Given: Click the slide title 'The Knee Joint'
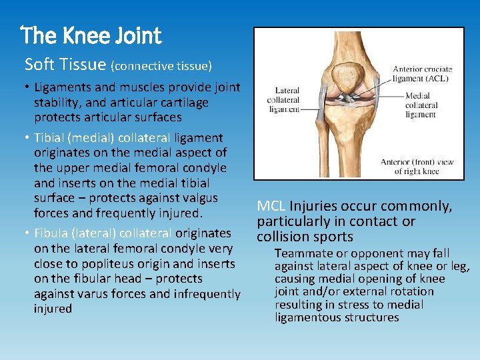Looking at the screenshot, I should [91, 35].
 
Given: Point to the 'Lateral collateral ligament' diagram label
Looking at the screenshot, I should [283, 99].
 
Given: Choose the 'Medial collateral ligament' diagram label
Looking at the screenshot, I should [421, 105].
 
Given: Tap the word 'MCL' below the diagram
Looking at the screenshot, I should [271, 207].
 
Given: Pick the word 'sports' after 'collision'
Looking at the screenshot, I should [331, 237].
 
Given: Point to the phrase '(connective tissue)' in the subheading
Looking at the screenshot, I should [161, 66].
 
